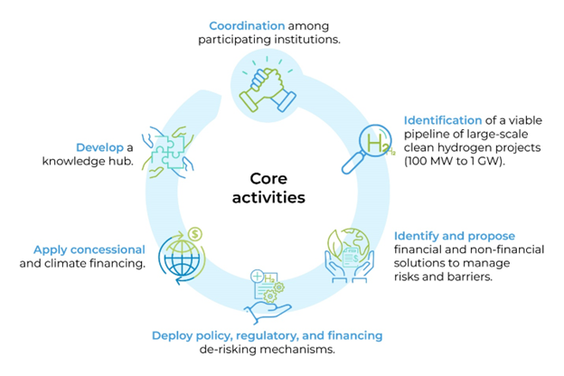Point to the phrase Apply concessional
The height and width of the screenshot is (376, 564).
tap(89, 249)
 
